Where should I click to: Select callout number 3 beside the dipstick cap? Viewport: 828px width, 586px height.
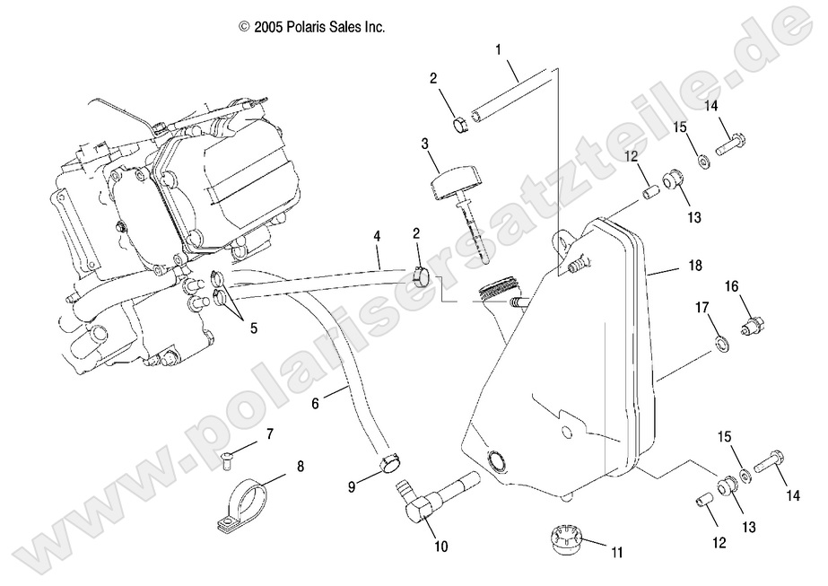click(426, 143)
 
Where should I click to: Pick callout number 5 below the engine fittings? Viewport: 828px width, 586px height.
click(254, 328)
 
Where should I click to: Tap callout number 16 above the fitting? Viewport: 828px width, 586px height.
click(732, 287)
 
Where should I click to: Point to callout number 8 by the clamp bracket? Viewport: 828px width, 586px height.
click(300, 466)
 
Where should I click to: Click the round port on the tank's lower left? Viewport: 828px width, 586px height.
click(495, 463)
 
